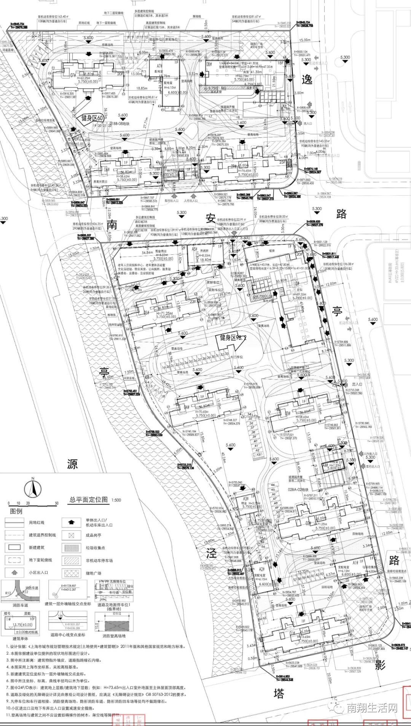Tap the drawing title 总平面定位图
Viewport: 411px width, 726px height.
tap(89, 499)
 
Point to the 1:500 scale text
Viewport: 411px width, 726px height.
tap(116, 500)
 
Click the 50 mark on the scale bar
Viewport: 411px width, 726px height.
tap(57, 503)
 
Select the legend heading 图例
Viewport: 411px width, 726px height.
tap(16, 511)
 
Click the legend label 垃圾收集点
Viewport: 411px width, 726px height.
tap(95, 547)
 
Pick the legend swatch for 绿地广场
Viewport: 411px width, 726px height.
tap(72, 573)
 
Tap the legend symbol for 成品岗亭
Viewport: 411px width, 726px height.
tap(72, 535)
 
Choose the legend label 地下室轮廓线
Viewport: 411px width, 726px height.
tap(40, 560)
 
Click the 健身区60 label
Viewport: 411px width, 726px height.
tap(92, 118)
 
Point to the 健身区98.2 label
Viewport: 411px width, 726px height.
tap(233, 337)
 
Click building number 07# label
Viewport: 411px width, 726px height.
tap(73, 75)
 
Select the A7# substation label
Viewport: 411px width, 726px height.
tap(159, 66)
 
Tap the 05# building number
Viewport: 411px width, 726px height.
tap(147, 313)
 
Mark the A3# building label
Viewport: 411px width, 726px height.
tap(246, 498)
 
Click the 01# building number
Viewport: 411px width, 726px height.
tap(292, 633)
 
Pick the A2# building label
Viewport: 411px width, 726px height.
tap(262, 569)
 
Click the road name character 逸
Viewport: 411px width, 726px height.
tap(307, 79)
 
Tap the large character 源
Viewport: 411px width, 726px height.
tap(72, 464)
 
